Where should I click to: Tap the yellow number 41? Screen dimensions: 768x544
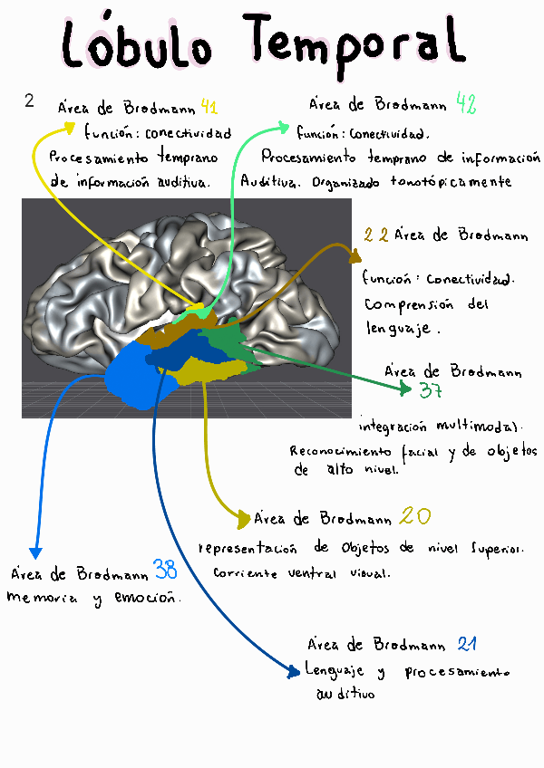click(209, 108)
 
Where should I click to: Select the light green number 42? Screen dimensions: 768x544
click(466, 104)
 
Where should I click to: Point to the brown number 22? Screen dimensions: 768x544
click(376, 235)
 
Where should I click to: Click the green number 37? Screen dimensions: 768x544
click(431, 391)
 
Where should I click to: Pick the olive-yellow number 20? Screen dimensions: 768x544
click(415, 517)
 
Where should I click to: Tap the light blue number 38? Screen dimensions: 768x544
click(165, 571)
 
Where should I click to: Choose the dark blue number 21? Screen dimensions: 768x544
click(467, 645)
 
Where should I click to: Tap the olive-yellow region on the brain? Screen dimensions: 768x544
click(213, 370)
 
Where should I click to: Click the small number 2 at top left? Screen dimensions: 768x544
click(29, 101)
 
